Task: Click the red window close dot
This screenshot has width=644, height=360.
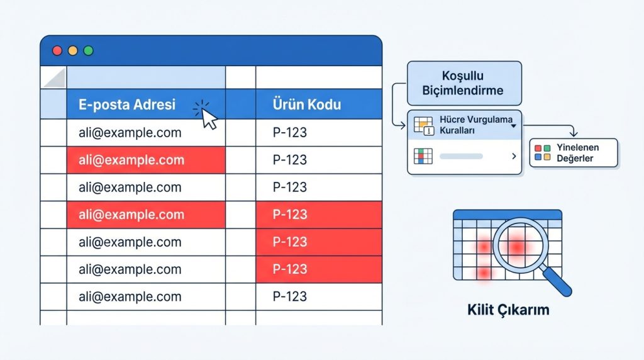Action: [57, 50]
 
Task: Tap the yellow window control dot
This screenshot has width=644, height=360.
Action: [73, 50]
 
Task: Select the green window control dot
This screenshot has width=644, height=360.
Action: [88, 50]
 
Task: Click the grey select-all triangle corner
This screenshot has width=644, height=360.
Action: [55, 78]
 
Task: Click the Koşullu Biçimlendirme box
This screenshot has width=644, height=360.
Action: [464, 83]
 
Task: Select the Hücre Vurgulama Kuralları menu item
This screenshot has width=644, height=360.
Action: [464, 125]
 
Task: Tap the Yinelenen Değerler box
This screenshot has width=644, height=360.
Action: [574, 153]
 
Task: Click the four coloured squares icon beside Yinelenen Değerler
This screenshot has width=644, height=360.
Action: [543, 152]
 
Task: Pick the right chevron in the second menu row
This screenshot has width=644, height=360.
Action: [514, 156]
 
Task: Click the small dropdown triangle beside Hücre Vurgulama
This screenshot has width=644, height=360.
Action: [513, 126]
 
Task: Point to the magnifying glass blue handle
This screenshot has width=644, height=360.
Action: [557, 281]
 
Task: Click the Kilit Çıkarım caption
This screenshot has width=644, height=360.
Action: [508, 310]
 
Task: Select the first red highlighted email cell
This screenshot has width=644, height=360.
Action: [146, 160]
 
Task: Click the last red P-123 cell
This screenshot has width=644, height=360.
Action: [319, 269]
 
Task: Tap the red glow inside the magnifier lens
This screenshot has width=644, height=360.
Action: [516, 247]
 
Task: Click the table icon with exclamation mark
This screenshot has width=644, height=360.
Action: [424, 126]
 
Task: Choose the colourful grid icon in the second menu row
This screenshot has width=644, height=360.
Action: [423, 156]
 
